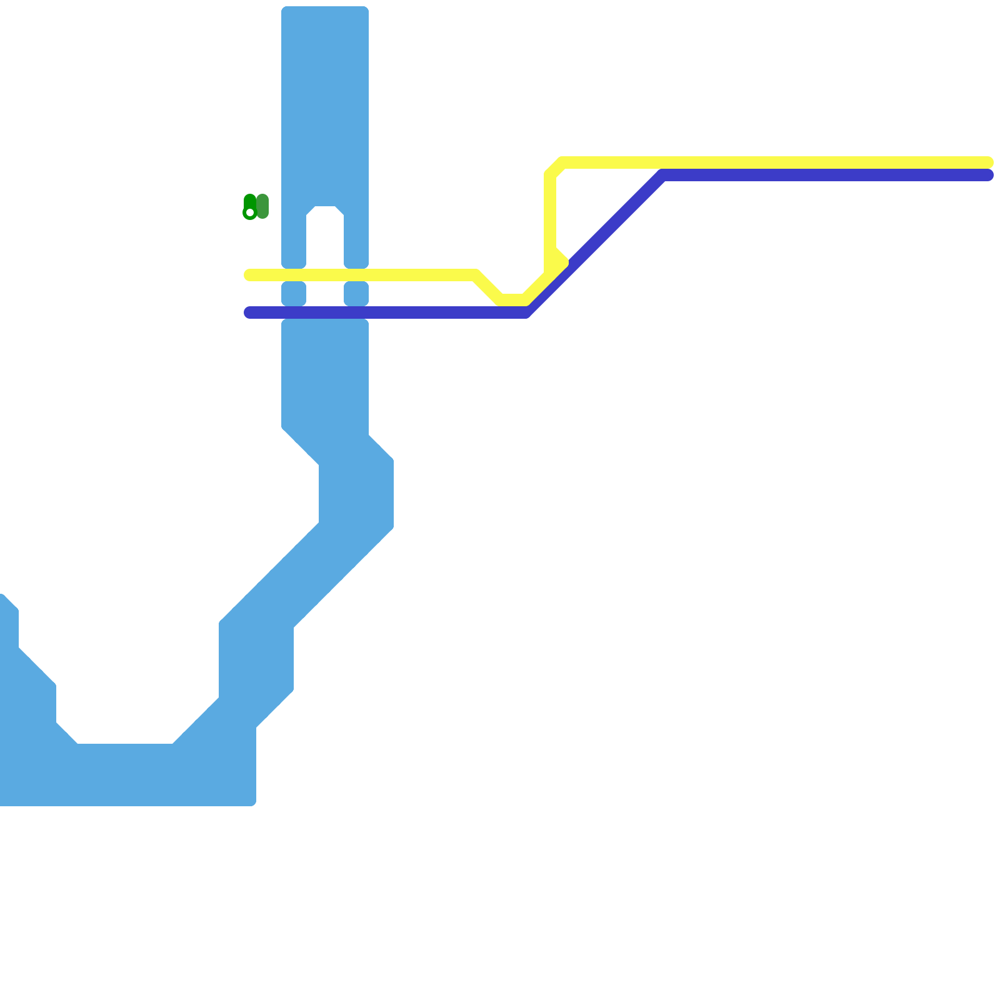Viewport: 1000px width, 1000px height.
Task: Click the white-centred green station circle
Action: [x=250, y=212]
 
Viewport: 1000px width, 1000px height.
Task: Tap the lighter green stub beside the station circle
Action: [x=262, y=206]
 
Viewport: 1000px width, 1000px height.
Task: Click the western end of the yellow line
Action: [x=249, y=275]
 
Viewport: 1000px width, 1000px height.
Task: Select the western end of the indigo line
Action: [x=249, y=312]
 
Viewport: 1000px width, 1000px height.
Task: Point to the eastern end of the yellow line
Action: [x=988, y=162]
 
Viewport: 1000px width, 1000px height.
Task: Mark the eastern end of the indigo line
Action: [x=988, y=175]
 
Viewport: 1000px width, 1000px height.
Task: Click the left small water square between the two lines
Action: [x=294, y=294]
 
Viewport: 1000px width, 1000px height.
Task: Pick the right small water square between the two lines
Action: [x=356, y=294]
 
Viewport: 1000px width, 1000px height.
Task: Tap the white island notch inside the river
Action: [x=325, y=237]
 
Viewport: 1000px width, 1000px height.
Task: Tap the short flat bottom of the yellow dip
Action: [x=512, y=300]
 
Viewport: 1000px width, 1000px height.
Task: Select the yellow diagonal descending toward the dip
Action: [x=487, y=286]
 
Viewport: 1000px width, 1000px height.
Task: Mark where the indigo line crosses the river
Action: [x=325, y=312]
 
